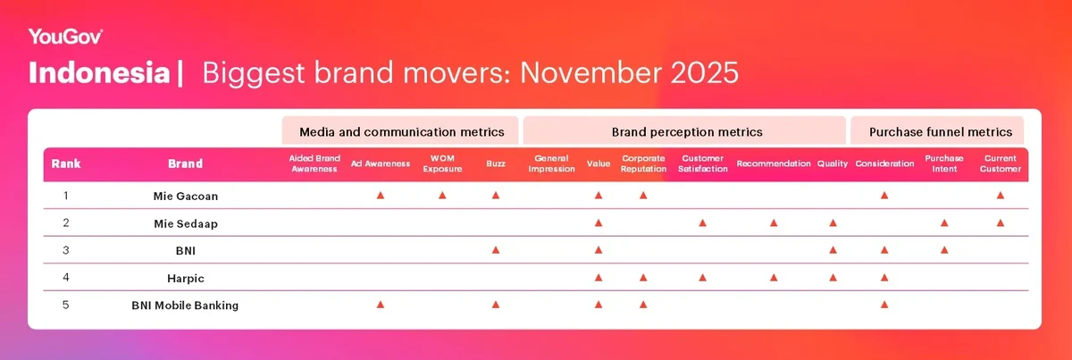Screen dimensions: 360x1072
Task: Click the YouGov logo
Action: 65,37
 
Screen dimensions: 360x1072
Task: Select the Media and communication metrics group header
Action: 401,131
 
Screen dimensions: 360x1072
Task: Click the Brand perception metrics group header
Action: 686,131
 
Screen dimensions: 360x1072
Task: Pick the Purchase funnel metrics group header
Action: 942,131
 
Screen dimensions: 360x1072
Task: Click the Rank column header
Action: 66,163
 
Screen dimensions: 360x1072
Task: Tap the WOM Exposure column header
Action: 442,163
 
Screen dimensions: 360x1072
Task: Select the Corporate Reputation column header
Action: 643,163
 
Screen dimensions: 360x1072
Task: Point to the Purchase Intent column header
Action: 944,163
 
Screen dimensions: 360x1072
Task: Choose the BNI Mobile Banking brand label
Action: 185,306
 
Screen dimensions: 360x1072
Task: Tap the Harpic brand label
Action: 185,278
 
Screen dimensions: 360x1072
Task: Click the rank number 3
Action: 66,250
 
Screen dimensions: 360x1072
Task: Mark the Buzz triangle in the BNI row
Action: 496,250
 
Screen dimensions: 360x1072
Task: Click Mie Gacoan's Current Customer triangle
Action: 1000,195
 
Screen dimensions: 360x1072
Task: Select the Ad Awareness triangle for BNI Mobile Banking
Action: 381,306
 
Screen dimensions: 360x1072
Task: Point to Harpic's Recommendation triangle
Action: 773,278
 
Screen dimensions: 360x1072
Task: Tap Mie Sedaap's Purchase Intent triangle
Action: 944,222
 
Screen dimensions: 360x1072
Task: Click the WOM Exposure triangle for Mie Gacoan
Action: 442,195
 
